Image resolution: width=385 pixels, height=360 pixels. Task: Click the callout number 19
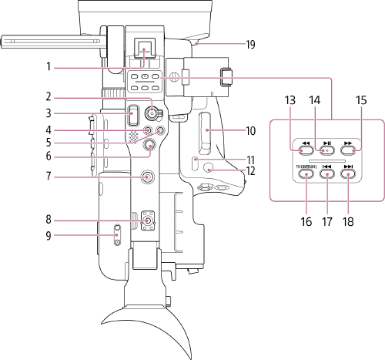[251, 44]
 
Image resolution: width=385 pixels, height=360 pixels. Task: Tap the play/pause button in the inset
[327, 144]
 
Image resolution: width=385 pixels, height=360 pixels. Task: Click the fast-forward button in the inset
[350, 144]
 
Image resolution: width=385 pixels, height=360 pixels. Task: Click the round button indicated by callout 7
[146, 178]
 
